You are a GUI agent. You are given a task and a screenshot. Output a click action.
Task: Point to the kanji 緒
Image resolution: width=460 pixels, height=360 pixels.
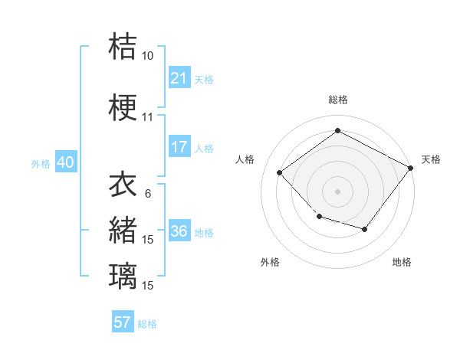click(x=123, y=229)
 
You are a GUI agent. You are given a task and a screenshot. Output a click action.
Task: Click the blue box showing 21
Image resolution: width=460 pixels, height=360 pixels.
click(x=179, y=78)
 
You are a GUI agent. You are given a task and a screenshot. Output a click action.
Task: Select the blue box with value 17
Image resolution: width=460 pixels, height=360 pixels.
click(x=179, y=147)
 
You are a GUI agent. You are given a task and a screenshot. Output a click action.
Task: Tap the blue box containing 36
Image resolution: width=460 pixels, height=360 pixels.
click(x=179, y=232)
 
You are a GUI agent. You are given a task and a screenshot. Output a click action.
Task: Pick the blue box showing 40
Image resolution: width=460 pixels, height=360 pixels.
click(x=65, y=163)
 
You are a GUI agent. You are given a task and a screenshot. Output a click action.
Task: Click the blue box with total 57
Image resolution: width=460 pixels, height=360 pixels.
click(x=123, y=322)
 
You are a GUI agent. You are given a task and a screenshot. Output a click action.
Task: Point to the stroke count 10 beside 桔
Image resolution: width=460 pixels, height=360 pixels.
click(x=147, y=56)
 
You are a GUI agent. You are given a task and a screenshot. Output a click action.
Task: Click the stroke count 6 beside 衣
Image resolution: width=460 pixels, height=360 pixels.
click(x=147, y=194)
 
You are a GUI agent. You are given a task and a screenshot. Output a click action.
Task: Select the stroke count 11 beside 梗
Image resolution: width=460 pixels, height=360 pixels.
click(x=147, y=118)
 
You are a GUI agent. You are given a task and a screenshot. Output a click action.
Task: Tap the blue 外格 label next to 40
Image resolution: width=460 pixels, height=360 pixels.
click(x=40, y=164)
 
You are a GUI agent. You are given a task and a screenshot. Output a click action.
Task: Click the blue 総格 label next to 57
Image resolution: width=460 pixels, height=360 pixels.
click(x=147, y=323)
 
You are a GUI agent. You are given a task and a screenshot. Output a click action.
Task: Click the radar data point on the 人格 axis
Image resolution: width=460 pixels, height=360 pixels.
click(x=280, y=173)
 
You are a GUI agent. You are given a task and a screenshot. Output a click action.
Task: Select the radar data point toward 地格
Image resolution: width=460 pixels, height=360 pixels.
click(x=365, y=229)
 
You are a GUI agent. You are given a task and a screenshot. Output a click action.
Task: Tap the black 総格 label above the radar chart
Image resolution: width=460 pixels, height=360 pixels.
click(x=337, y=100)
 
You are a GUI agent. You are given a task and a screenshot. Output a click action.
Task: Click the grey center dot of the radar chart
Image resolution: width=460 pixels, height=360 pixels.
click(x=337, y=191)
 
